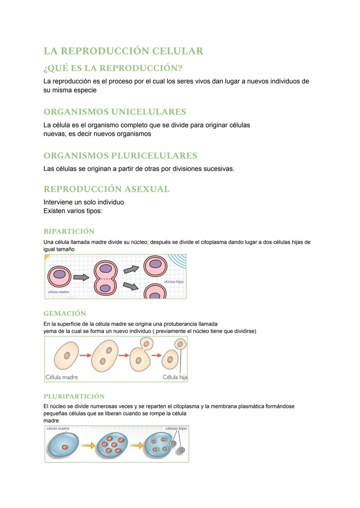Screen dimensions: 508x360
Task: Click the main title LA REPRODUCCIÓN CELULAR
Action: click(123, 51)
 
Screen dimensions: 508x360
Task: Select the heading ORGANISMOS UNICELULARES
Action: click(115, 112)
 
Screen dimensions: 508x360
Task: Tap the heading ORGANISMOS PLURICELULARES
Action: click(120, 156)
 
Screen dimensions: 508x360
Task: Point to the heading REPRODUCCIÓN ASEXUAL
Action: click(106, 189)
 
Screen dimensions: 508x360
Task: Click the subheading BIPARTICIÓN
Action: click(69, 231)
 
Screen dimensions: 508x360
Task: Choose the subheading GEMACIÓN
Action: click(65, 313)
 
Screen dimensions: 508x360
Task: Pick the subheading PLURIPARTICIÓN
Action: click(74, 396)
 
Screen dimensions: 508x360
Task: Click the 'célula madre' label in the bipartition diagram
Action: click(58, 292)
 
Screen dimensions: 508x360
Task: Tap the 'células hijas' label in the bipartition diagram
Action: click(174, 281)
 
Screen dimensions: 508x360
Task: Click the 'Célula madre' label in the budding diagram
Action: click(62, 377)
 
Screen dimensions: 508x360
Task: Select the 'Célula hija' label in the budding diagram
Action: click(175, 377)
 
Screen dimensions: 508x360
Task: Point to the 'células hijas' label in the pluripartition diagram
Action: click(176, 428)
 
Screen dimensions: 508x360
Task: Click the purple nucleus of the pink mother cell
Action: click(60, 274)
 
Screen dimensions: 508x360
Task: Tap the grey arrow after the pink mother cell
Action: click(81, 277)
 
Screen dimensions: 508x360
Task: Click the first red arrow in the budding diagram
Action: click(85, 355)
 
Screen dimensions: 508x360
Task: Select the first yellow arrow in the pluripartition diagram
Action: click(88, 445)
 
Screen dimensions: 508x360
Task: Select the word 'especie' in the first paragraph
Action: click(85, 90)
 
